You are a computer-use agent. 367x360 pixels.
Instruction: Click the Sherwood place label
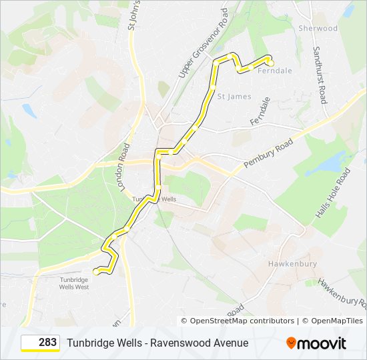(318, 29)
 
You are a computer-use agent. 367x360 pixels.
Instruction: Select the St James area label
(234, 97)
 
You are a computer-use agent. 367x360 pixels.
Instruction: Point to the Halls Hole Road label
(333, 193)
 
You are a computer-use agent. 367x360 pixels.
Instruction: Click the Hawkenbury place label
(292, 264)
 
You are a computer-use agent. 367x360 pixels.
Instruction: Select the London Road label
(123, 167)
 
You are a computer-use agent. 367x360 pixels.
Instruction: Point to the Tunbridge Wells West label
(74, 283)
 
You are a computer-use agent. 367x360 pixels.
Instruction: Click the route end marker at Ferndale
(270, 63)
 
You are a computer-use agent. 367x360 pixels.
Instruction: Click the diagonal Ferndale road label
(260, 112)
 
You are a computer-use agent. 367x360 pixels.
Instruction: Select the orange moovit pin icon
(291, 343)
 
